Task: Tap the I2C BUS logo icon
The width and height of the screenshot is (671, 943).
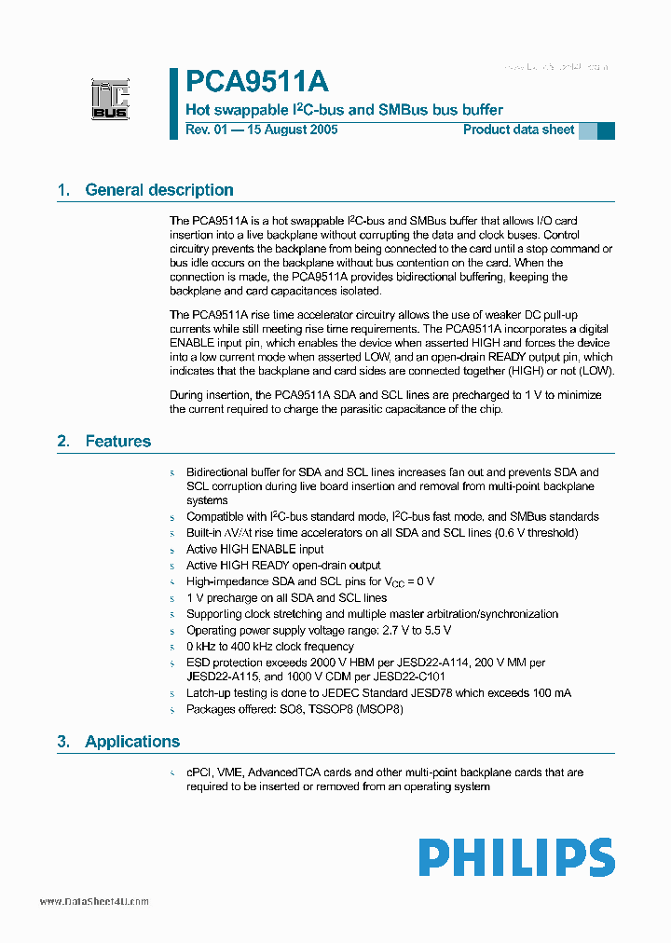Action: click(110, 99)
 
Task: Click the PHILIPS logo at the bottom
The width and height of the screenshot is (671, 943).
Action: click(515, 857)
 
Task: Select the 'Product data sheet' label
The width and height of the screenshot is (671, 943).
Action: click(518, 130)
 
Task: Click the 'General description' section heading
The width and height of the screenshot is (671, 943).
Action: click(158, 190)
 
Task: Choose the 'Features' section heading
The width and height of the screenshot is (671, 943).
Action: click(117, 442)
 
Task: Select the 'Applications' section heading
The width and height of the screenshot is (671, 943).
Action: click(131, 742)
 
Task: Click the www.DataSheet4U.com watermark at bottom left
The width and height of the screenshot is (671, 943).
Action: click(94, 901)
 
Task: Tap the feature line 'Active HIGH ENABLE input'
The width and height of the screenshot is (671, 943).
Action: click(254, 549)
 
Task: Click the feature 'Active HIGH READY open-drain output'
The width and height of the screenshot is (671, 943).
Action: click(283, 566)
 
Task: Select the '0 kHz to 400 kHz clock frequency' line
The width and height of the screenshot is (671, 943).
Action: click(269, 647)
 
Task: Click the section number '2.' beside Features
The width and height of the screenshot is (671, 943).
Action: click(63, 442)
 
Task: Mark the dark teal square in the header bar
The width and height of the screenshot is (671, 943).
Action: click(606, 130)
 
